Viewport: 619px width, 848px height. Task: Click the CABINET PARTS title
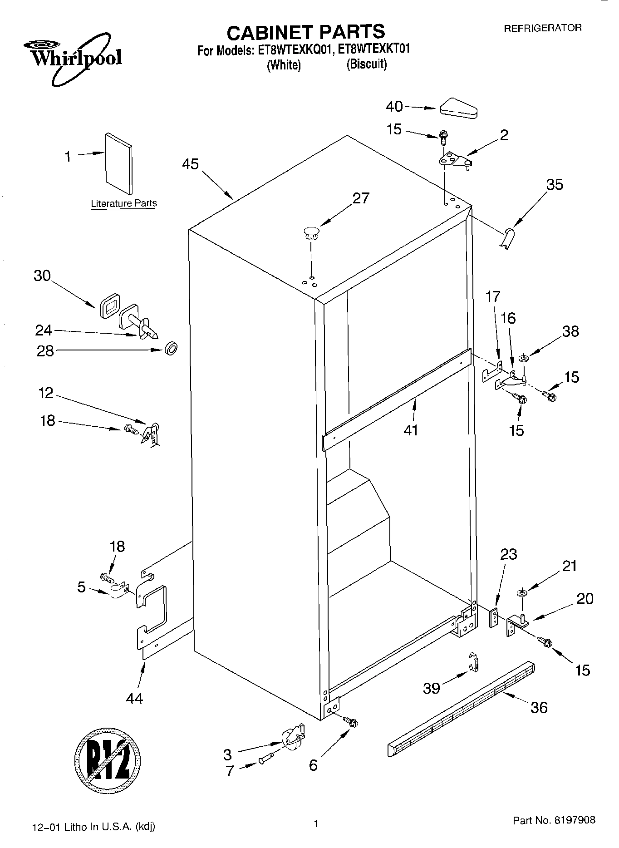305,32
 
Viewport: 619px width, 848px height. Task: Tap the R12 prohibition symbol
108,759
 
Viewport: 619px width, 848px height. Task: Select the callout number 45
191,164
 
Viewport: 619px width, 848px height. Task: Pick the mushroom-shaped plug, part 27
311,234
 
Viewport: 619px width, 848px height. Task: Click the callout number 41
411,429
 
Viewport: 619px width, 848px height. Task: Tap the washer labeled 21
521,593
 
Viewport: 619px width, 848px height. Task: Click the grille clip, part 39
473,662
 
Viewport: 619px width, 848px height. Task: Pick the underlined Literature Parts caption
123,203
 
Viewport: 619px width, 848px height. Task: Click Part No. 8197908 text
554,820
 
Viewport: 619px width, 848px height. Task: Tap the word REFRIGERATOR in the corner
543,28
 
